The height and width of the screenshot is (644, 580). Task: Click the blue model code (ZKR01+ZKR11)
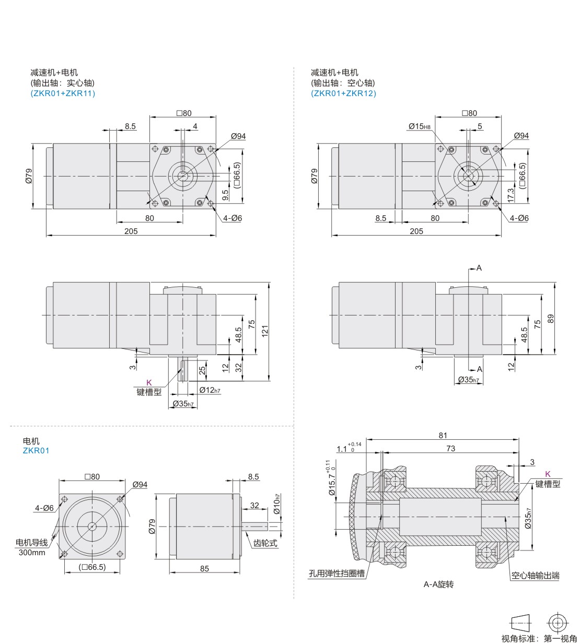63,93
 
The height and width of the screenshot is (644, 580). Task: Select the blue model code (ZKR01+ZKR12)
343,93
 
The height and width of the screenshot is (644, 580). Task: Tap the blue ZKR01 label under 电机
36,451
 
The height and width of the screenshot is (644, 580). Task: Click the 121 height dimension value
264,331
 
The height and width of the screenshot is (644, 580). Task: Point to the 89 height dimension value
550,319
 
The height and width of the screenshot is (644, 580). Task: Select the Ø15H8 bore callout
420,126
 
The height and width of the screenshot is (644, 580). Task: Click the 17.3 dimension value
511,195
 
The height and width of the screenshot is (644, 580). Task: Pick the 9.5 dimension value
225,195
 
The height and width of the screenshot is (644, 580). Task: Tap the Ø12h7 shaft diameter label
210,390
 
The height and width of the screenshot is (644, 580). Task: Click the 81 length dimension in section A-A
443,435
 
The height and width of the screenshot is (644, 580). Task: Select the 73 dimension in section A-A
451,449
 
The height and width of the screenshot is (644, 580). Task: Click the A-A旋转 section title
438,584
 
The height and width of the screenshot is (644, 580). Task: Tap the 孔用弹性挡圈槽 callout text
337,573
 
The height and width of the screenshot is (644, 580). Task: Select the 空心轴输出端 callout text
536,576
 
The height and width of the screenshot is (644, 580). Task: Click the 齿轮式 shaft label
265,543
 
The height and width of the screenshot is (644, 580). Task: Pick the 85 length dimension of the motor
204,569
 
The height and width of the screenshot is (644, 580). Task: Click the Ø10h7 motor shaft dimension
276,504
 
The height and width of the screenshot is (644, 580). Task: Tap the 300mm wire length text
32,553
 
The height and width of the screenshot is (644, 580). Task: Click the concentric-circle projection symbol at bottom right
558,623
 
